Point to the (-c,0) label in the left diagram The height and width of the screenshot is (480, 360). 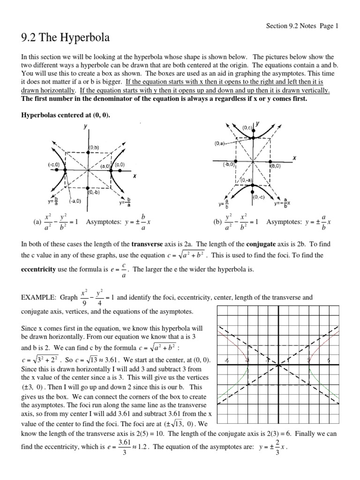click(52, 165)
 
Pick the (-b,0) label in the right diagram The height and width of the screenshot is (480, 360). click(229, 165)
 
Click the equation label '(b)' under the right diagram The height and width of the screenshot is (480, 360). click(217, 222)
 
